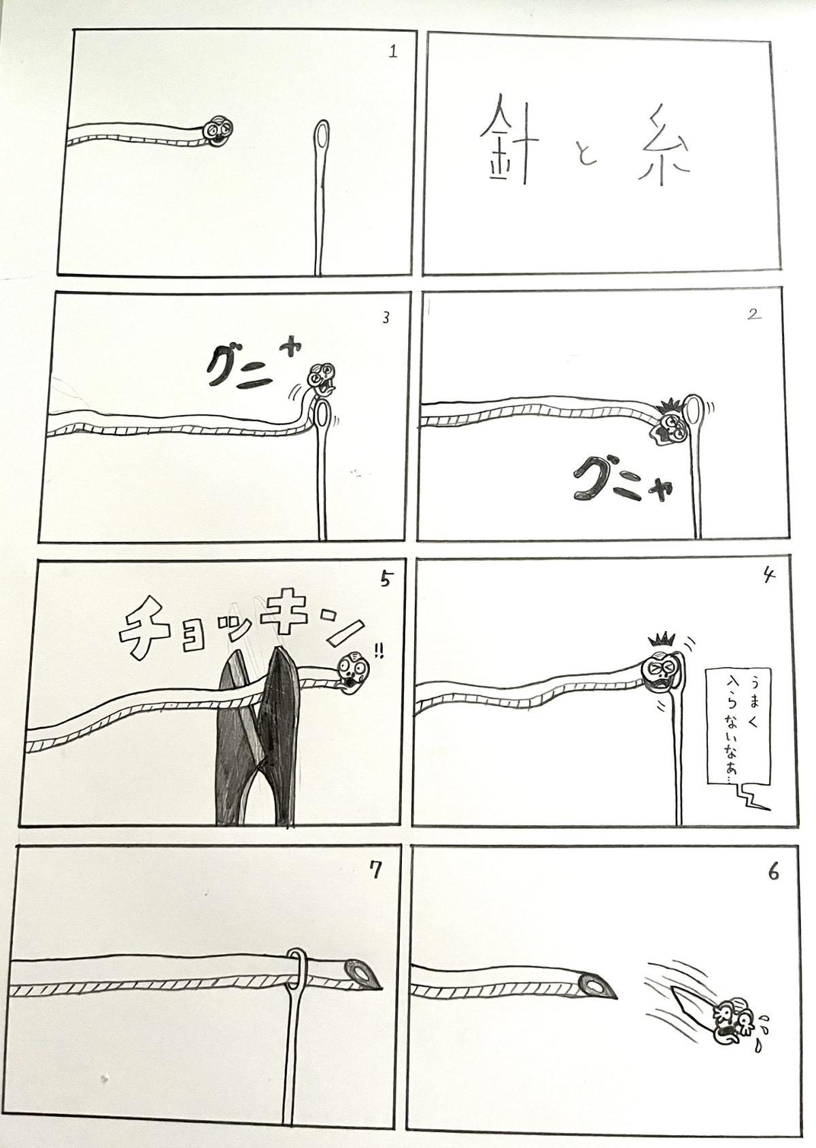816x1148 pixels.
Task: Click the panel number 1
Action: [393, 52]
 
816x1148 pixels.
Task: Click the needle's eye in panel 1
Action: [322, 136]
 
